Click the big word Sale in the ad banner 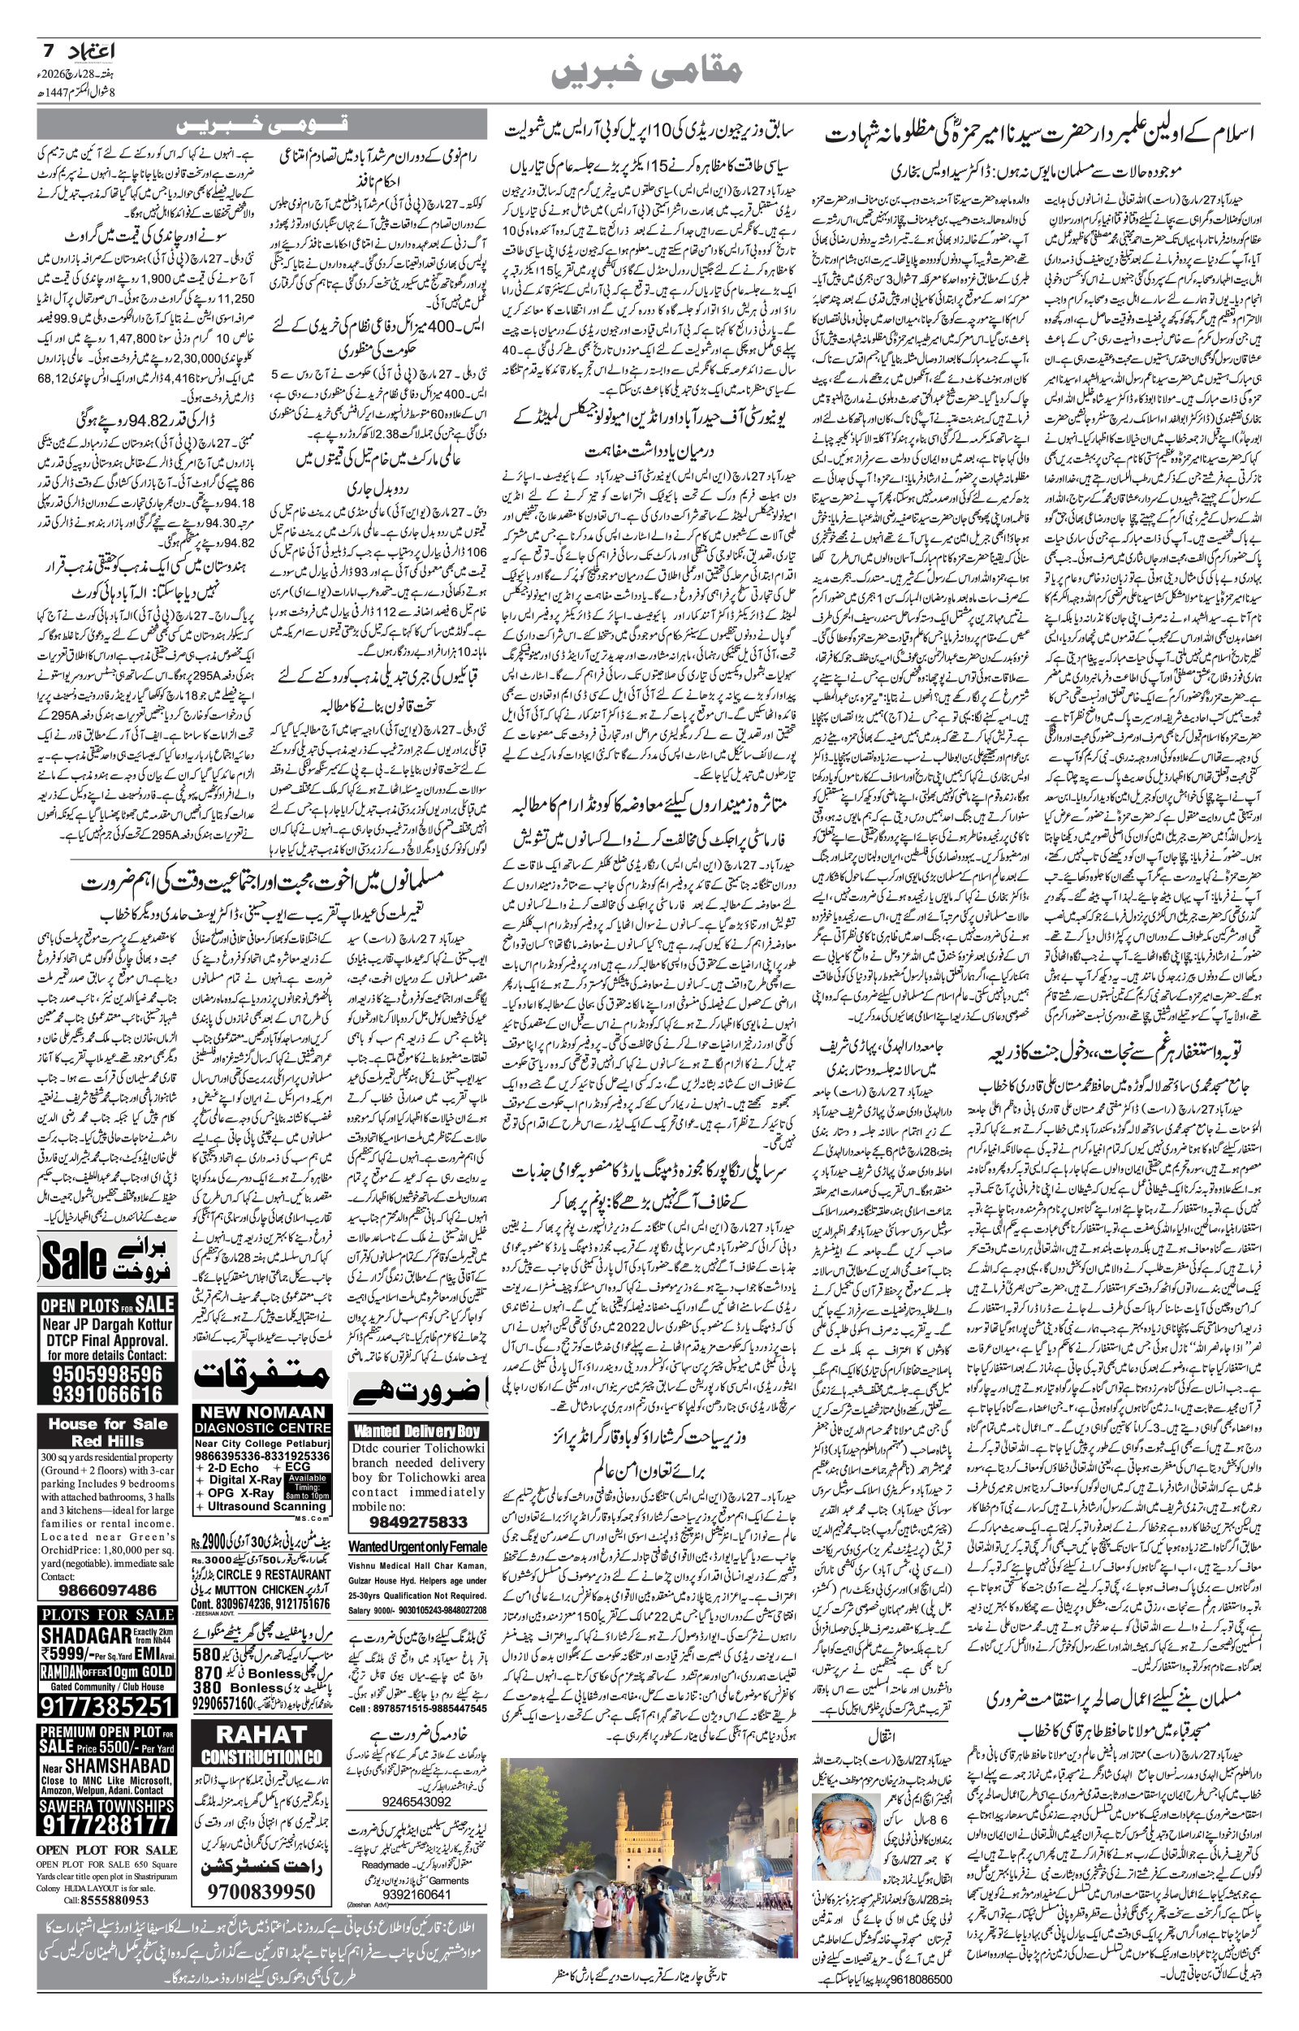pos(74,1260)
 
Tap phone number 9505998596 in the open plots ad pos(107,1373)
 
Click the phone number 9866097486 pos(106,1590)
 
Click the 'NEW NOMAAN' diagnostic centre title pos(261,1412)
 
